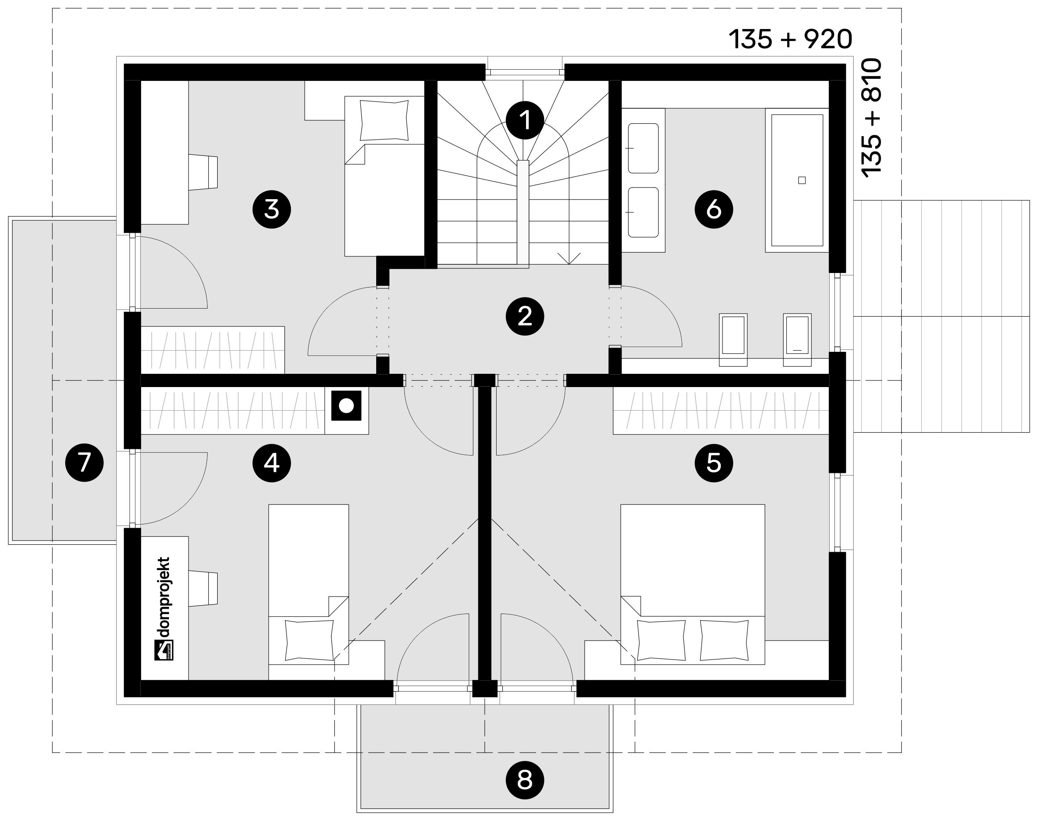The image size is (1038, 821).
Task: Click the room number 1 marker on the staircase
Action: pos(525,120)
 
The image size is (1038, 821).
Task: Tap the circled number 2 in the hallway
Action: pos(525,316)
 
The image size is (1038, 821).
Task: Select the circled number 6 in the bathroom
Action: pos(714,210)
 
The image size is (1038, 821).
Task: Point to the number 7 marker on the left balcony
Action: pos(84,463)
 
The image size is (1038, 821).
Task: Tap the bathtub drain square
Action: pos(801,180)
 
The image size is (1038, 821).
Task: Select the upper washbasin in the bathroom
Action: pos(643,148)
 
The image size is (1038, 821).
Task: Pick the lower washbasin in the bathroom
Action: pos(643,212)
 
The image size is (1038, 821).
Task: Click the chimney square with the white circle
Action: pos(346,406)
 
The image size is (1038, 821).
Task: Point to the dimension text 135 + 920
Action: pos(790,39)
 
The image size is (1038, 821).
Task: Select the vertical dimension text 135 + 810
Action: pos(872,118)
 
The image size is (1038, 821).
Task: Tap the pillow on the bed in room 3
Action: pos(384,120)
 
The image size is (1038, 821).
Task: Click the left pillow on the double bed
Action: pos(661,640)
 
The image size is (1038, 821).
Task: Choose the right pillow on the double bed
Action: pos(725,640)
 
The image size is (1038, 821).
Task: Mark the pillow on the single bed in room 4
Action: pos(309,640)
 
